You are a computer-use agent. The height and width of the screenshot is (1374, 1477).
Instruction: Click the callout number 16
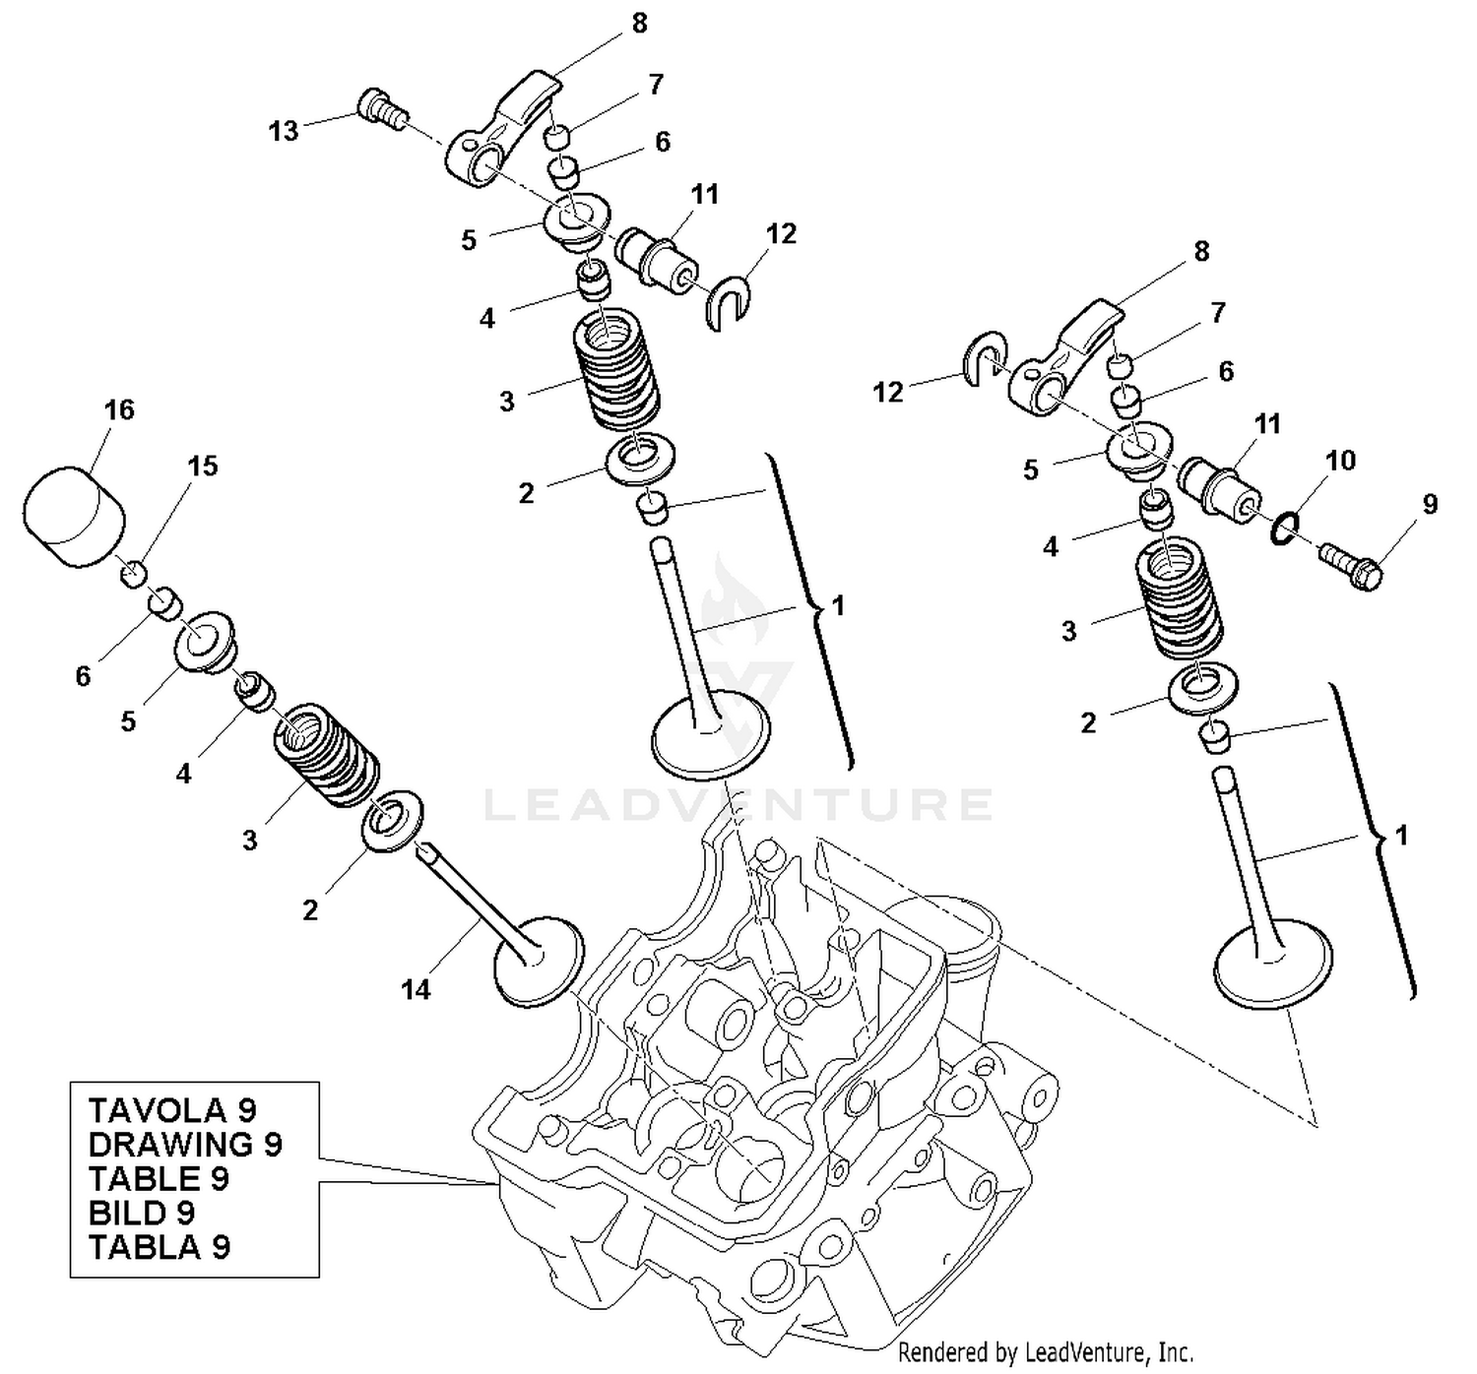pos(119,409)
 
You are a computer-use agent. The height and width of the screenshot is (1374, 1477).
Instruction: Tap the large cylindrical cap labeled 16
pos(75,518)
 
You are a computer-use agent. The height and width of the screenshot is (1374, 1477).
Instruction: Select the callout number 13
pos(284,131)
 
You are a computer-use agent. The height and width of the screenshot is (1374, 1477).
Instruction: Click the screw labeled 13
pos(382,107)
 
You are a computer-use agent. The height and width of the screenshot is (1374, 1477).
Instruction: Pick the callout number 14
pos(416,990)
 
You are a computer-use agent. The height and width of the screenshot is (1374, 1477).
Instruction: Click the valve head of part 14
pos(538,961)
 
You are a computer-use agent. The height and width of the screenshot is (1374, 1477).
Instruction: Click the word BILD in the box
pos(127,1213)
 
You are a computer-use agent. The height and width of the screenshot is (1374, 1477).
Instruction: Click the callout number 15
pos(203,466)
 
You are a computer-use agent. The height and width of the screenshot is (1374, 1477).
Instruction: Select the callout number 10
pos(1340,460)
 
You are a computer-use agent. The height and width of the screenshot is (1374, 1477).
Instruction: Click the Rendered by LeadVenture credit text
pos(1045,1353)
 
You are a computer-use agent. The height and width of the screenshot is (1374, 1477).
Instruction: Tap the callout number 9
pos(1430,505)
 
